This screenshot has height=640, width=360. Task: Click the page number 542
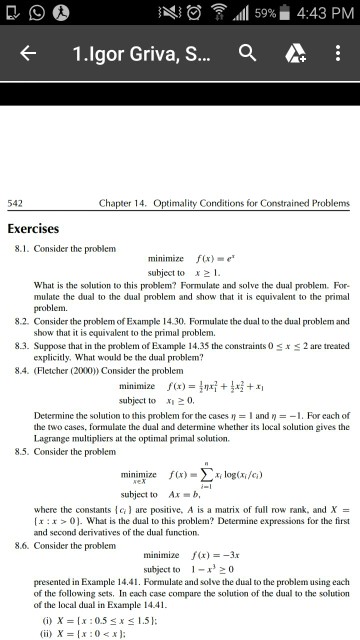16,204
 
